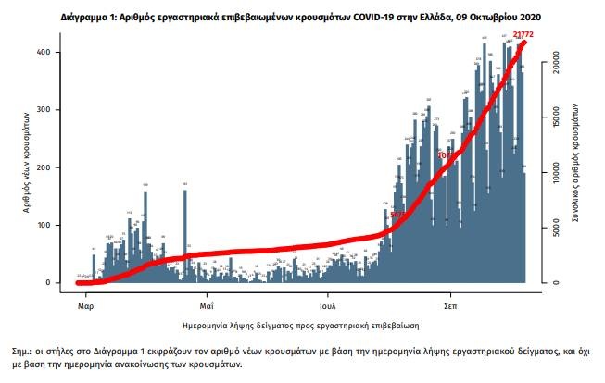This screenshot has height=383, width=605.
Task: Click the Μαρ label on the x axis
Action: point(85,303)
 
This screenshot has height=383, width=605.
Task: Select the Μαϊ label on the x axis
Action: point(207,303)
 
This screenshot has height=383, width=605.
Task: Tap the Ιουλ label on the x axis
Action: point(327,303)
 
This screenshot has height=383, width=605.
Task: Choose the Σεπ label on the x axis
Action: point(450,303)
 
